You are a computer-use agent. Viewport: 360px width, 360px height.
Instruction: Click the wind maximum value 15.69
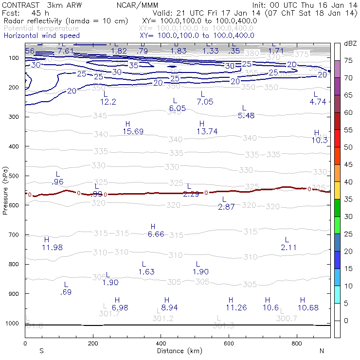(133, 131)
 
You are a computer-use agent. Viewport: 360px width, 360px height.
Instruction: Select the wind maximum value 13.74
(207, 131)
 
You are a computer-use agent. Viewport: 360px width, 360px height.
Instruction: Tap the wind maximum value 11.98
(52, 247)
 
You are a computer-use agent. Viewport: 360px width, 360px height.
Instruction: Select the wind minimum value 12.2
(108, 102)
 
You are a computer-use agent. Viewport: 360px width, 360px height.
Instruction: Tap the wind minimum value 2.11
(288, 247)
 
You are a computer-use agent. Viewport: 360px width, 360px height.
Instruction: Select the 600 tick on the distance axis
(229, 343)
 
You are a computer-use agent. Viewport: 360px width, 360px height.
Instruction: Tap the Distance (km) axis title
(178, 350)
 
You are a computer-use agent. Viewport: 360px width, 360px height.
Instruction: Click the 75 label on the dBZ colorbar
(348, 60)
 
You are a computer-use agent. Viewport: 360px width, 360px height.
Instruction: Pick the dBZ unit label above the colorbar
(350, 44)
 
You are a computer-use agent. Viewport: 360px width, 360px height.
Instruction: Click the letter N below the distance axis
(322, 350)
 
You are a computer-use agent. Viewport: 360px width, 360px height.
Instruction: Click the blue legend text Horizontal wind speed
(41, 36)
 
